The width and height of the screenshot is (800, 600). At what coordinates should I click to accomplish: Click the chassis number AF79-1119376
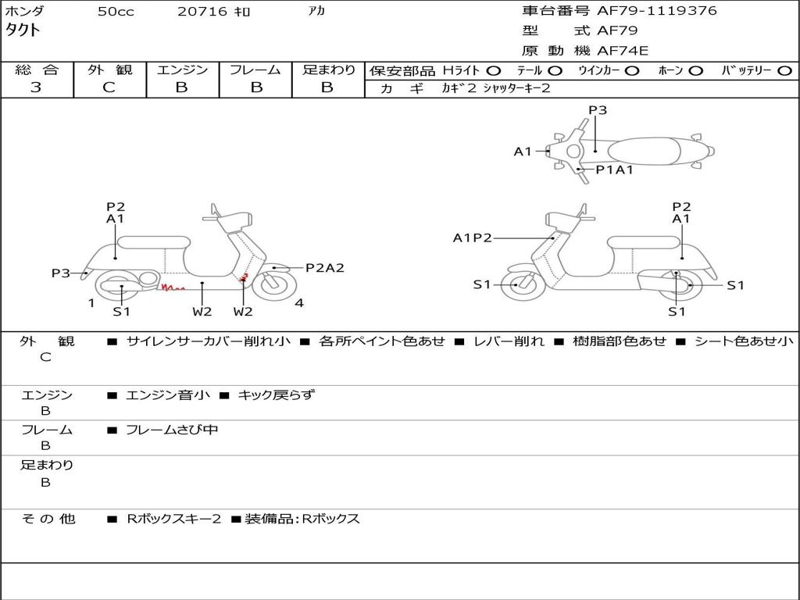click(x=656, y=11)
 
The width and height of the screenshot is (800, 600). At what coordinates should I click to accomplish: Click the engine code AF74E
click(x=623, y=51)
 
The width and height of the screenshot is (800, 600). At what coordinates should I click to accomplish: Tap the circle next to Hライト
click(x=494, y=71)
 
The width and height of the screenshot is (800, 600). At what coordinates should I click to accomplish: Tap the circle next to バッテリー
click(x=784, y=71)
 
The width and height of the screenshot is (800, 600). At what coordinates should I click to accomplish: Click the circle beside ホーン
click(x=695, y=71)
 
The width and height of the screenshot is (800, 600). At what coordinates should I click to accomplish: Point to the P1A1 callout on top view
click(x=615, y=170)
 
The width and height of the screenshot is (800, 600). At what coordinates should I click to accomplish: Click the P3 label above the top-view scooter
click(x=598, y=110)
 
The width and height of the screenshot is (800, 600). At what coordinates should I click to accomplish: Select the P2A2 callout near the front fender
click(x=325, y=268)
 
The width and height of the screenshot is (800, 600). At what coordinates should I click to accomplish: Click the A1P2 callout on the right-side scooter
click(x=473, y=238)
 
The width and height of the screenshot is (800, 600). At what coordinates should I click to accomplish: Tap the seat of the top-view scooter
click(x=644, y=152)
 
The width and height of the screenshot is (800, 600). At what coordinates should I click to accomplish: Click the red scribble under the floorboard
click(x=173, y=288)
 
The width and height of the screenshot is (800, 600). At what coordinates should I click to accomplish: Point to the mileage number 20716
click(x=202, y=11)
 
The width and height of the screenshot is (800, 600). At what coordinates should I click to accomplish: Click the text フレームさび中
click(x=172, y=430)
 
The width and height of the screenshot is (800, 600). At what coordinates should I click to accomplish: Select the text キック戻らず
click(x=276, y=395)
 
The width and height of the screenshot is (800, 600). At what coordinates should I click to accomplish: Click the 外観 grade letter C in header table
click(x=109, y=87)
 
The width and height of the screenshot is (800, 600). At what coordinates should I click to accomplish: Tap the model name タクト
click(x=23, y=30)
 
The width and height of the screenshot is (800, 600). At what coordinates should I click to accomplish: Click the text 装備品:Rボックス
click(x=302, y=519)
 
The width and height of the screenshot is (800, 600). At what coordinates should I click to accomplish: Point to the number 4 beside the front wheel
click(x=299, y=303)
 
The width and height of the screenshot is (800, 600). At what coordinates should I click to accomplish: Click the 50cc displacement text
click(x=116, y=11)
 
